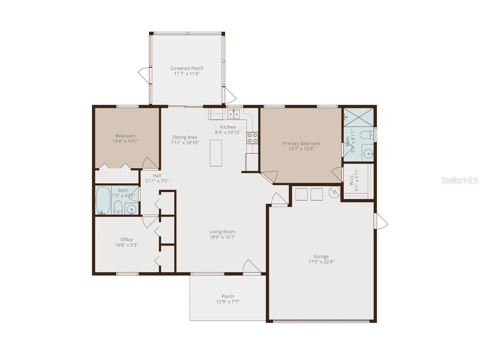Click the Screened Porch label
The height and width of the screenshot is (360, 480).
(187, 68)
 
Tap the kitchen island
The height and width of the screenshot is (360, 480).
(216, 153)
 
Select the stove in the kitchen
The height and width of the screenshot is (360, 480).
(252, 138)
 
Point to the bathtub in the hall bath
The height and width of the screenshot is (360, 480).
(103, 200)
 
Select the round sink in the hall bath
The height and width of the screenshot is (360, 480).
(131, 209)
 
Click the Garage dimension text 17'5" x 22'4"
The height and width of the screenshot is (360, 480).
(321, 262)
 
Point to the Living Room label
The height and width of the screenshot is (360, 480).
(222, 231)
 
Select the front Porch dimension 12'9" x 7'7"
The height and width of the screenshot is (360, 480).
(228, 302)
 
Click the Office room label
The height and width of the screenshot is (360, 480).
(126, 240)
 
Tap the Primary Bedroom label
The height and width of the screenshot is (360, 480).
(301, 143)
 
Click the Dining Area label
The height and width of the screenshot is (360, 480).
(185, 137)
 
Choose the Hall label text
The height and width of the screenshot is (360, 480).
(157, 176)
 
